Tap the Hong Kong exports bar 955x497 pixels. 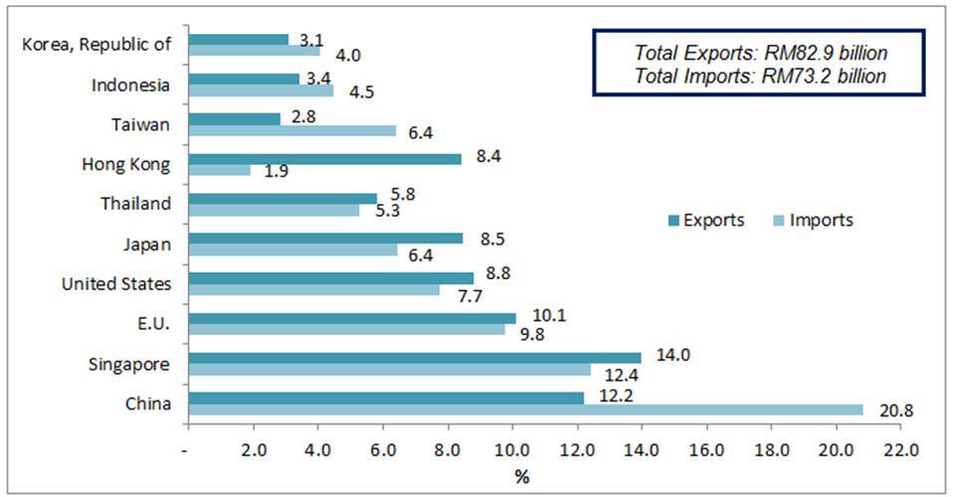pyautogui.click(x=324, y=157)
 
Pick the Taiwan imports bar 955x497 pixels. pyautogui.click(x=292, y=130)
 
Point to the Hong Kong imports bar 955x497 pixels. pyautogui.click(x=219, y=170)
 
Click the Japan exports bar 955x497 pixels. pyautogui.click(x=325, y=238)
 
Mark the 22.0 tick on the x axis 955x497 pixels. pyautogui.click(x=899, y=447)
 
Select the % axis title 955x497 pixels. pyautogui.click(x=521, y=476)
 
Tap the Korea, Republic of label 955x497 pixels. pyautogui.click(x=95, y=44)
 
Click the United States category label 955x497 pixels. pyautogui.click(x=116, y=284)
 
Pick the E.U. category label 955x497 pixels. pyautogui.click(x=152, y=325)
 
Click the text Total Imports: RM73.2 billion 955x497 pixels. pyautogui.click(x=761, y=76)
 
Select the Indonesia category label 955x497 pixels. pyautogui.click(x=131, y=84)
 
